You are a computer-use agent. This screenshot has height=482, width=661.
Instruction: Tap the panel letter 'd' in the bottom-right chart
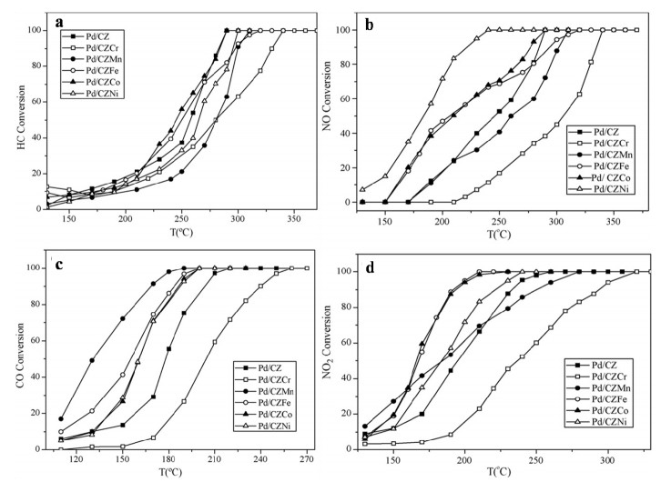pyautogui.click(x=371, y=267)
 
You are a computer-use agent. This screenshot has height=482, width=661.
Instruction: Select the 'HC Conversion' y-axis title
pyautogui.click(x=22, y=117)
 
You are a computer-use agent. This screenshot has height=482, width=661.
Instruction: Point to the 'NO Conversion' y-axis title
pyautogui.click(x=327, y=96)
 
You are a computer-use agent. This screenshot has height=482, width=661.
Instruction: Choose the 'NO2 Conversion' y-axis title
pyautogui.click(x=328, y=342)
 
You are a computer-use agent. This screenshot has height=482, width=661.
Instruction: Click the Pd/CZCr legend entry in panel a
pyautogui.click(x=95, y=47)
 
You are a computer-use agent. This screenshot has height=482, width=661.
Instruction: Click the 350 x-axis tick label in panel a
pyautogui.click(x=294, y=219)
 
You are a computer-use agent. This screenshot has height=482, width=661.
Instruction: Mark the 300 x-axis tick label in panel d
pyautogui.click(x=607, y=460)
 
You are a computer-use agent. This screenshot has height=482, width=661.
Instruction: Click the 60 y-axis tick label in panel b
pyautogui.click(x=347, y=98)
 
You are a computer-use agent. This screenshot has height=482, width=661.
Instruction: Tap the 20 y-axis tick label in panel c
pyautogui.click(x=36, y=413)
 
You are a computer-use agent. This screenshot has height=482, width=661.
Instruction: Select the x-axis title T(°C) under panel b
pyautogui.click(x=499, y=234)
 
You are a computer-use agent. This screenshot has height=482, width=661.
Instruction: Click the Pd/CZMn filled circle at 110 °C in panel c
pyautogui.click(x=61, y=419)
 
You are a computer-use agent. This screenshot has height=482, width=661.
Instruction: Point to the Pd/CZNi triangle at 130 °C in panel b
pyautogui.click(x=362, y=189)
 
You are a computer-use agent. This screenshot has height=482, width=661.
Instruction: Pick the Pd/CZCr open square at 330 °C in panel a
pyautogui.click(x=271, y=49)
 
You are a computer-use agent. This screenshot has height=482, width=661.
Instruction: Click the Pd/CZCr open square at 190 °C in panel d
pyautogui.click(x=450, y=435)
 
